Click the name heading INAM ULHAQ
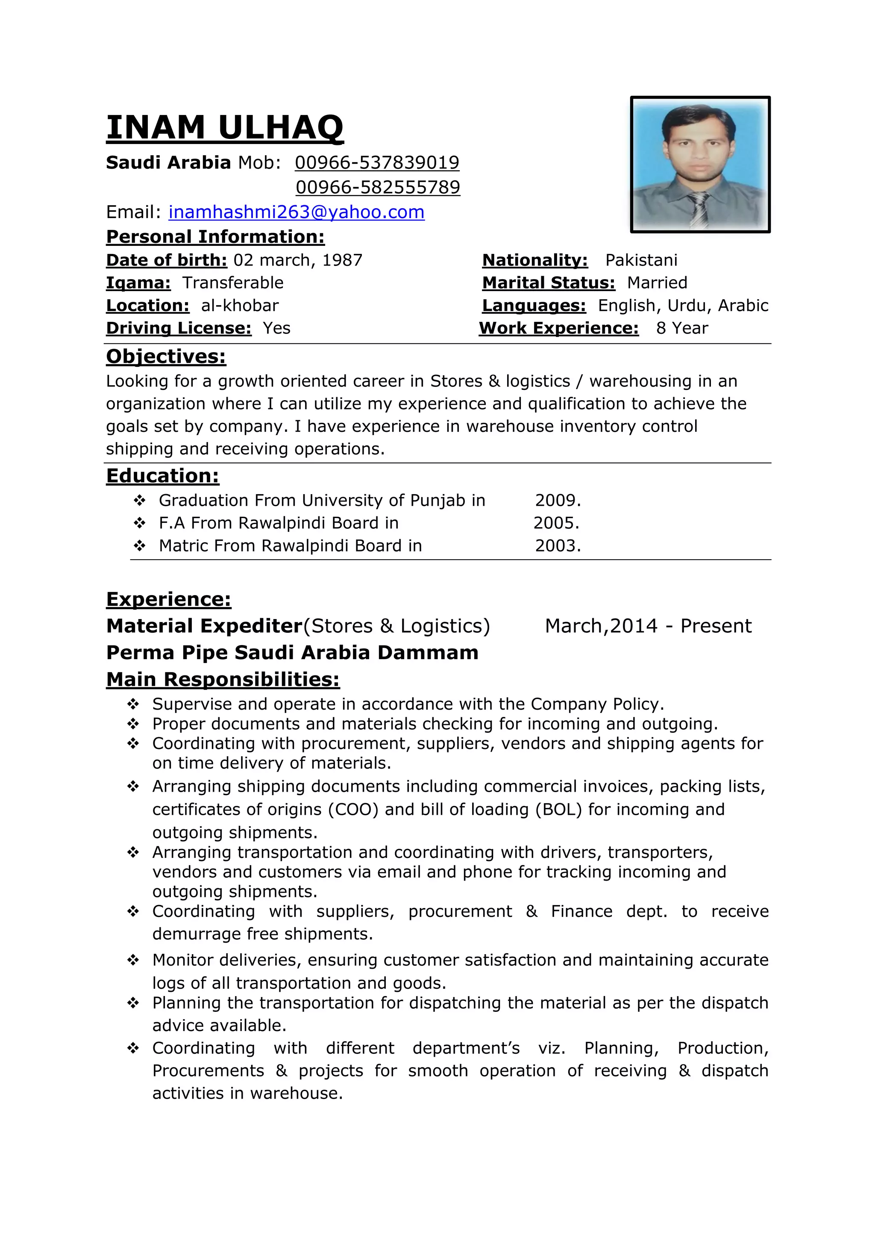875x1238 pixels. (225, 128)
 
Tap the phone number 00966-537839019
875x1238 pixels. (377, 162)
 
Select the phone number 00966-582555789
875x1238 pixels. (378, 187)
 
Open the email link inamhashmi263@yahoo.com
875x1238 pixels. (297, 212)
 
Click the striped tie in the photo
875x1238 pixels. (700, 211)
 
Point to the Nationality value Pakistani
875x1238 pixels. (641, 260)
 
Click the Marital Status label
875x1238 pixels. (549, 283)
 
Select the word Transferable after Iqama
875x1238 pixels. (233, 283)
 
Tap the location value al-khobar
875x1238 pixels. (240, 305)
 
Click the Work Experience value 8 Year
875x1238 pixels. (682, 328)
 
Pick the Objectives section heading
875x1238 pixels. (166, 357)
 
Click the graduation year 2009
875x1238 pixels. (558, 501)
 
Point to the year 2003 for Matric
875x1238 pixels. (558, 545)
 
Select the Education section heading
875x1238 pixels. (163, 475)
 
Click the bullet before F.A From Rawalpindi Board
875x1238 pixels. (140, 523)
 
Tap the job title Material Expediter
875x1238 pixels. (204, 626)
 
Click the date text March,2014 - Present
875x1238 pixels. (648, 626)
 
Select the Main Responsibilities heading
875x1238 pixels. (223, 679)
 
